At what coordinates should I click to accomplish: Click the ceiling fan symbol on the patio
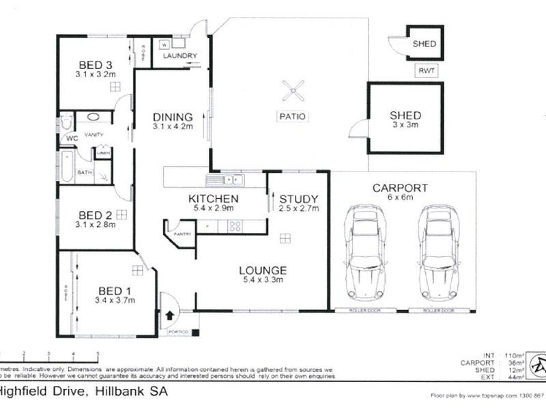293,90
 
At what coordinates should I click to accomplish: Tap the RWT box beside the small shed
427,70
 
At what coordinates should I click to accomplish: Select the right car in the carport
437,253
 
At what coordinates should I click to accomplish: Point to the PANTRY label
182,234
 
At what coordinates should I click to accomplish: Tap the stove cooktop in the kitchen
235,225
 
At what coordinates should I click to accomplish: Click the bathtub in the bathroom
66,167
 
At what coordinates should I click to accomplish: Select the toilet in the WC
66,123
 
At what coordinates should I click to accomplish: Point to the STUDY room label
299,199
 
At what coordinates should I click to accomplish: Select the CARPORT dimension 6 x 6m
399,197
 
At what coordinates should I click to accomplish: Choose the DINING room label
172,117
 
